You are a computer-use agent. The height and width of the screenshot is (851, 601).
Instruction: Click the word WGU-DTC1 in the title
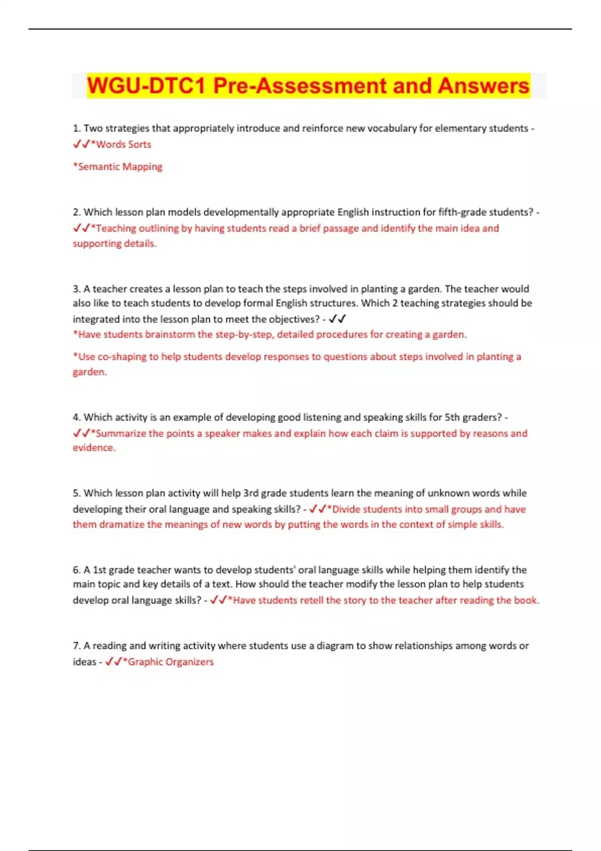pyautogui.click(x=146, y=86)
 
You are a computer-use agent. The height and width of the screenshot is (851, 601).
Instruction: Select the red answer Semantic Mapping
pyautogui.click(x=120, y=167)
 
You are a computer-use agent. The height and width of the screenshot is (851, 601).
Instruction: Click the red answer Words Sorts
pyautogui.click(x=123, y=144)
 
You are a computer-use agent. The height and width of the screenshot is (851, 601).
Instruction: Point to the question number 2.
pyautogui.click(x=77, y=212)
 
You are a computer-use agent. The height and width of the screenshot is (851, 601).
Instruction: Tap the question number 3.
pyautogui.click(x=77, y=289)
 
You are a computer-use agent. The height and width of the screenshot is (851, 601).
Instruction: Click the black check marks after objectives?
pyautogui.click(x=338, y=319)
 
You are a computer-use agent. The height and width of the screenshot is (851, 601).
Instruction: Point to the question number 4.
pyautogui.click(x=77, y=417)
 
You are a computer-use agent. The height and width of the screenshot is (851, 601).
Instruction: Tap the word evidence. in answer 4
pyautogui.click(x=94, y=448)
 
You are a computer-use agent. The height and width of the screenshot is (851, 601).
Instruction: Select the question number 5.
pyautogui.click(x=77, y=493)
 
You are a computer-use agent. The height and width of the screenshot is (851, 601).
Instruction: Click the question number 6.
pyautogui.click(x=77, y=570)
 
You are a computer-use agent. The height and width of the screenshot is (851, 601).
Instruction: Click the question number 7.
pyautogui.click(x=77, y=646)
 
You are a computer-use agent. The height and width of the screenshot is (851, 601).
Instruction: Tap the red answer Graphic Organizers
pyautogui.click(x=171, y=662)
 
